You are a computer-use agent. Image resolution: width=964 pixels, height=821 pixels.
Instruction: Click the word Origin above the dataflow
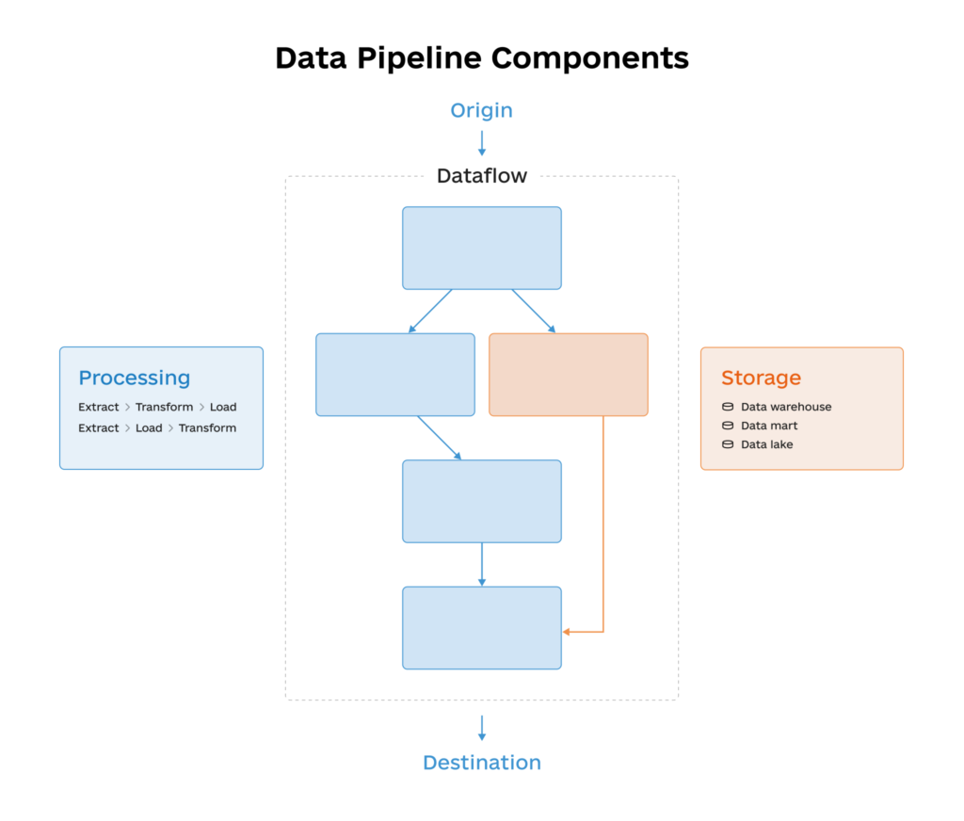(x=481, y=110)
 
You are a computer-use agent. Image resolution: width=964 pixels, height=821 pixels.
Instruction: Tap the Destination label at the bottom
(x=481, y=763)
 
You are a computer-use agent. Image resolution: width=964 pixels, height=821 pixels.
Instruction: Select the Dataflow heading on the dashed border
(x=481, y=176)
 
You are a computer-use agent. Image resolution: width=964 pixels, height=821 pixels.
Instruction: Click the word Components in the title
(x=589, y=58)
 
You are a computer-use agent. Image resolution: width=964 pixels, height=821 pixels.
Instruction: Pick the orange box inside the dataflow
(x=568, y=374)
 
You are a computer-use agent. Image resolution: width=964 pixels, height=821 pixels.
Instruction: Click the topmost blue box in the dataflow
(x=481, y=248)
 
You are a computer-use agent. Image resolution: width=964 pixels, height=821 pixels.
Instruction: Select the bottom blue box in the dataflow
(x=481, y=627)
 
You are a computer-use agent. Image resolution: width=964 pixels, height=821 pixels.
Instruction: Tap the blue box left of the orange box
(x=394, y=374)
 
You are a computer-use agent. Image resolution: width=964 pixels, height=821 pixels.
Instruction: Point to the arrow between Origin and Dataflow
(x=481, y=143)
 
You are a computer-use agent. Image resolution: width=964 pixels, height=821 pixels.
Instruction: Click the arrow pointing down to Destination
(x=481, y=727)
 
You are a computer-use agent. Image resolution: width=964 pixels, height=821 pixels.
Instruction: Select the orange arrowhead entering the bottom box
(x=568, y=632)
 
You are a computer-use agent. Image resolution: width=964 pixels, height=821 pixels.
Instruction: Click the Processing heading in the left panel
(x=135, y=378)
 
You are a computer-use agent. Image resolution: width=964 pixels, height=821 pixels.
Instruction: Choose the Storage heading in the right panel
(x=761, y=378)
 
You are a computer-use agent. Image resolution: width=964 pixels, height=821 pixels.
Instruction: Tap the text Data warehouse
(x=786, y=407)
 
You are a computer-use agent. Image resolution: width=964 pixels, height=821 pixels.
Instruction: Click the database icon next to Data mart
(x=727, y=426)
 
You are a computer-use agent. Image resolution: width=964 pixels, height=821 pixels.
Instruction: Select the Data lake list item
(x=766, y=444)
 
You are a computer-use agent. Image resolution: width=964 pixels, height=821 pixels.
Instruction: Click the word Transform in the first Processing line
(x=164, y=407)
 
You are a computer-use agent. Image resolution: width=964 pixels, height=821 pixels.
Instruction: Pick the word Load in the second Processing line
(x=149, y=427)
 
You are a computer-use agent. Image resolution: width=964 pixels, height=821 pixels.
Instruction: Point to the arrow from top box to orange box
(x=533, y=311)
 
